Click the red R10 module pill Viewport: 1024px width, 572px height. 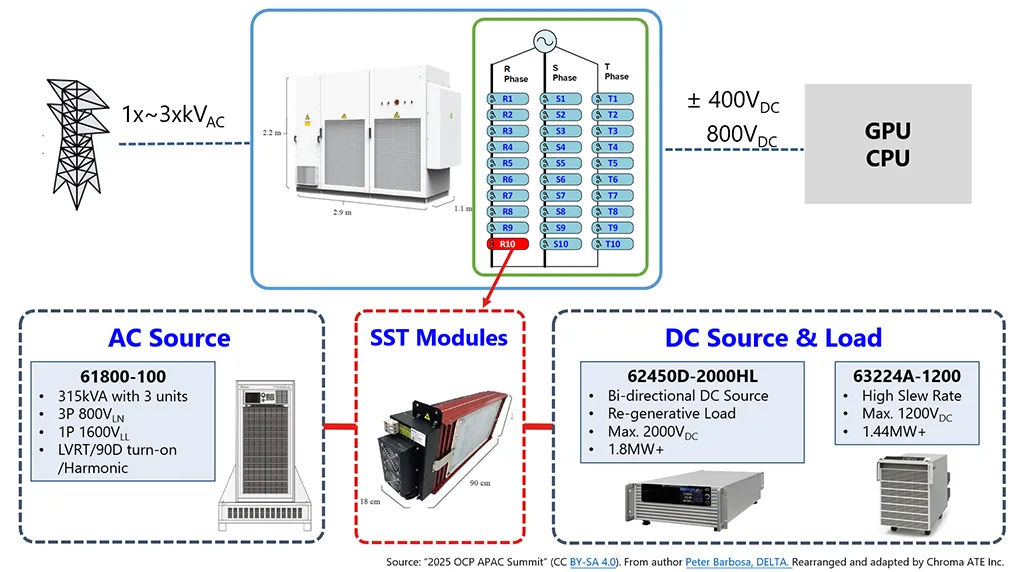pyautogui.click(x=508, y=244)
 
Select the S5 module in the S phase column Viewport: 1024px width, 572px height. pyautogui.click(x=560, y=163)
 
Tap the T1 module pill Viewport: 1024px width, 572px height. pyautogui.click(x=613, y=99)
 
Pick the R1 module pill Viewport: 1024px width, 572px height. pyautogui.click(x=508, y=99)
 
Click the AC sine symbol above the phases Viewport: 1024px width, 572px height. pyautogui.click(x=545, y=41)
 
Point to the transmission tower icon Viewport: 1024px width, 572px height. pyautogui.click(x=76, y=144)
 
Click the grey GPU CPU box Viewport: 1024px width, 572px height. pyautogui.click(x=888, y=144)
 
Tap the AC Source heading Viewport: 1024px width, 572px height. pyautogui.click(x=169, y=338)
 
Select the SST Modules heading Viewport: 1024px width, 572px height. pyautogui.click(x=439, y=338)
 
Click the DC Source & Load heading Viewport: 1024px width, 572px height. pyautogui.click(x=773, y=338)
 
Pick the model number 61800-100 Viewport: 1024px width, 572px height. pyautogui.click(x=123, y=376)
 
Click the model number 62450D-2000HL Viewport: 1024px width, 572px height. pyautogui.click(x=692, y=376)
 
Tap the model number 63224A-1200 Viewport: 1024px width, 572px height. pyautogui.click(x=906, y=376)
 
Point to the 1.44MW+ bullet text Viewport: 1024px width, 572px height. pyautogui.click(x=893, y=432)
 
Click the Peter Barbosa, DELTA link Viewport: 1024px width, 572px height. pyautogui.click(x=737, y=562)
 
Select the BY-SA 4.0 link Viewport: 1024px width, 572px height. pyautogui.click(x=592, y=562)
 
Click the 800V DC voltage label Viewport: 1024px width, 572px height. pyautogui.click(x=741, y=135)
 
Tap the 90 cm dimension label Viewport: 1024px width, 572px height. pyautogui.click(x=480, y=483)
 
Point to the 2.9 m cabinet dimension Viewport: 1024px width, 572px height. pyautogui.click(x=342, y=212)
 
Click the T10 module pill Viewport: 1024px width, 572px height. pyautogui.click(x=613, y=244)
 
